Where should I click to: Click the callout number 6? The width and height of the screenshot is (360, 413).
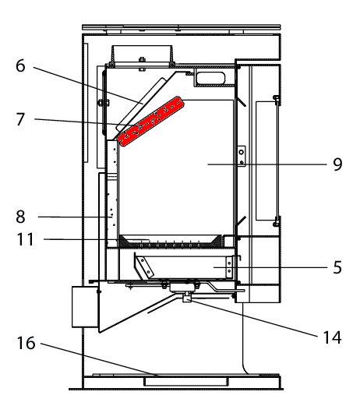click(x=20, y=65)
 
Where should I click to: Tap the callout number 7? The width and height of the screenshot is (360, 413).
click(x=20, y=119)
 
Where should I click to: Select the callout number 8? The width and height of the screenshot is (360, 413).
click(x=20, y=217)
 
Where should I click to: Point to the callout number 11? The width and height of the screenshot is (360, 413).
click(x=25, y=239)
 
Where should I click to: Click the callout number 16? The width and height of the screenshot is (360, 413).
click(x=26, y=343)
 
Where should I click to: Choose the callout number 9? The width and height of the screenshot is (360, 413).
click(x=337, y=164)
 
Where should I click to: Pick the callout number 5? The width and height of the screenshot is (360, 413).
click(x=337, y=267)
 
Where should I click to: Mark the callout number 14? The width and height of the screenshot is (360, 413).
click(x=333, y=337)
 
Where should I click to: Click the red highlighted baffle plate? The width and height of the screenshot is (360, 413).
click(x=150, y=121)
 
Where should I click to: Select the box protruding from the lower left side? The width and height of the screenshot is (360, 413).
click(x=85, y=307)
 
